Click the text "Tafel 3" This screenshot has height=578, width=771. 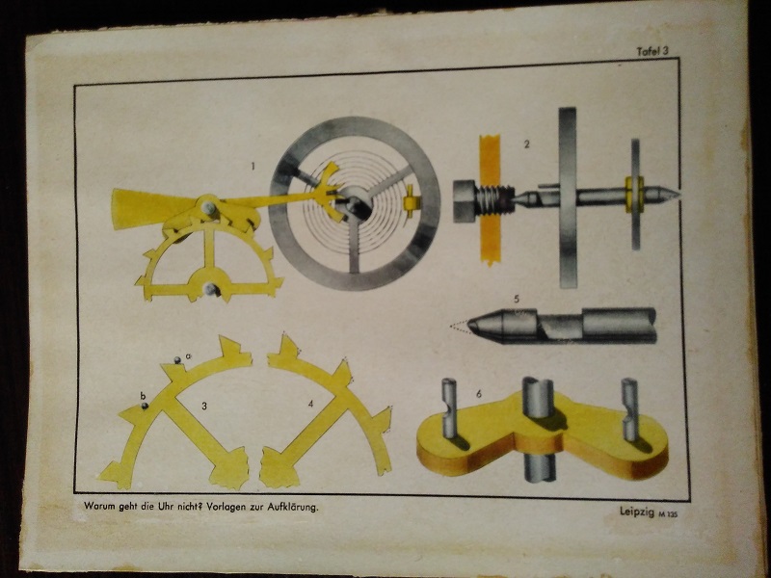click(x=652, y=51)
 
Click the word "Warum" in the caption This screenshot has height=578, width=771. click(x=100, y=506)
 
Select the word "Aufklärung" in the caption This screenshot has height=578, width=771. click(x=293, y=508)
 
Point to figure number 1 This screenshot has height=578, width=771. click(x=253, y=167)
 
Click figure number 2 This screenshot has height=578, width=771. click(x=527, y=144)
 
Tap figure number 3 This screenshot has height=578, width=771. click(x=204, y=406)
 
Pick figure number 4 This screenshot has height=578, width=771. click(x=310, y=404)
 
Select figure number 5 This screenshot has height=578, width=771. click(x=517, y=299)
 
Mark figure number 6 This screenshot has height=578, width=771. click(x=478, y=394)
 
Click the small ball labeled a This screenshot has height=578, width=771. click(x=177, y=360)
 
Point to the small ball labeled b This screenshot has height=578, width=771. click(x=145, y=406)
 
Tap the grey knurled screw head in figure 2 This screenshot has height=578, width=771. click(x=465, y=201)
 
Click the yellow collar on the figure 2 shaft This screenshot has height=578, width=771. click(x=634, y=195)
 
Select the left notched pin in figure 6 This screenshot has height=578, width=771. click(x=449, y=407)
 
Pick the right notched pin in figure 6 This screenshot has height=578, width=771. click(x=630, y=409)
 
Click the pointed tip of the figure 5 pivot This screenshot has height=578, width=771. click(x=468, y=325)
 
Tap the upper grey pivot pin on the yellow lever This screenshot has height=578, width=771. click(x=208, y=207)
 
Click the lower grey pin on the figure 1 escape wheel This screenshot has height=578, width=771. click(x=211, y=290)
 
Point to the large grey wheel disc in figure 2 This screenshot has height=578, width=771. click(x=568, y=197)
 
